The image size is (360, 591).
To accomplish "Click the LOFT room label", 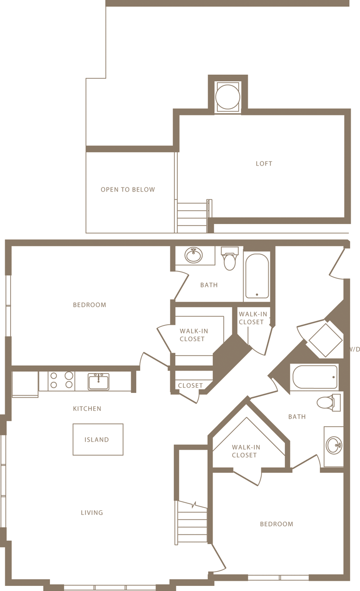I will click(x=264, y=163).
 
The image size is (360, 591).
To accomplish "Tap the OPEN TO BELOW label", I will click(x=128, y=190).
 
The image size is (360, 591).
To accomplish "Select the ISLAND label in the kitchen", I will click(x=97, y=440).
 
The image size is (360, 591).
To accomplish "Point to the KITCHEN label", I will click(x=87, y=409).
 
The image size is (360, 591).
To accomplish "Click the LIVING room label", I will click(x=92, y=513).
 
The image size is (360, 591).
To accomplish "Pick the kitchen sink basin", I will click(x=98, y=382).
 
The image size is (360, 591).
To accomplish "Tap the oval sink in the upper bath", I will click(x=193, y=254).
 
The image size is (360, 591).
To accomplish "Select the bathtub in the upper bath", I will click(x=257, y=276).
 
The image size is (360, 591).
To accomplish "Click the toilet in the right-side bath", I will click(x=328, y=402).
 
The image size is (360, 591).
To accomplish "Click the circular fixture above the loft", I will click(x=228, y=97).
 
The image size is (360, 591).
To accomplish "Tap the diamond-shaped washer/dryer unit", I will click(x=325, y=340).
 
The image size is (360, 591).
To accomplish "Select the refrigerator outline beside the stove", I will click(x=25, y=383).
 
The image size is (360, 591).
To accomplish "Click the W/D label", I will click(x=354, y=350).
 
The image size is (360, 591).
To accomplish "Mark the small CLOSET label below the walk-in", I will click(x=190, y=386).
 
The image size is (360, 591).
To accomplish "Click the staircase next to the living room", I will click(x=192, y=524).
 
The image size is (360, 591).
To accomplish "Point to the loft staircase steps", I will click(x=192, y=217).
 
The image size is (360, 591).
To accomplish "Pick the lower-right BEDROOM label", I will click(x=276, y=524).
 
